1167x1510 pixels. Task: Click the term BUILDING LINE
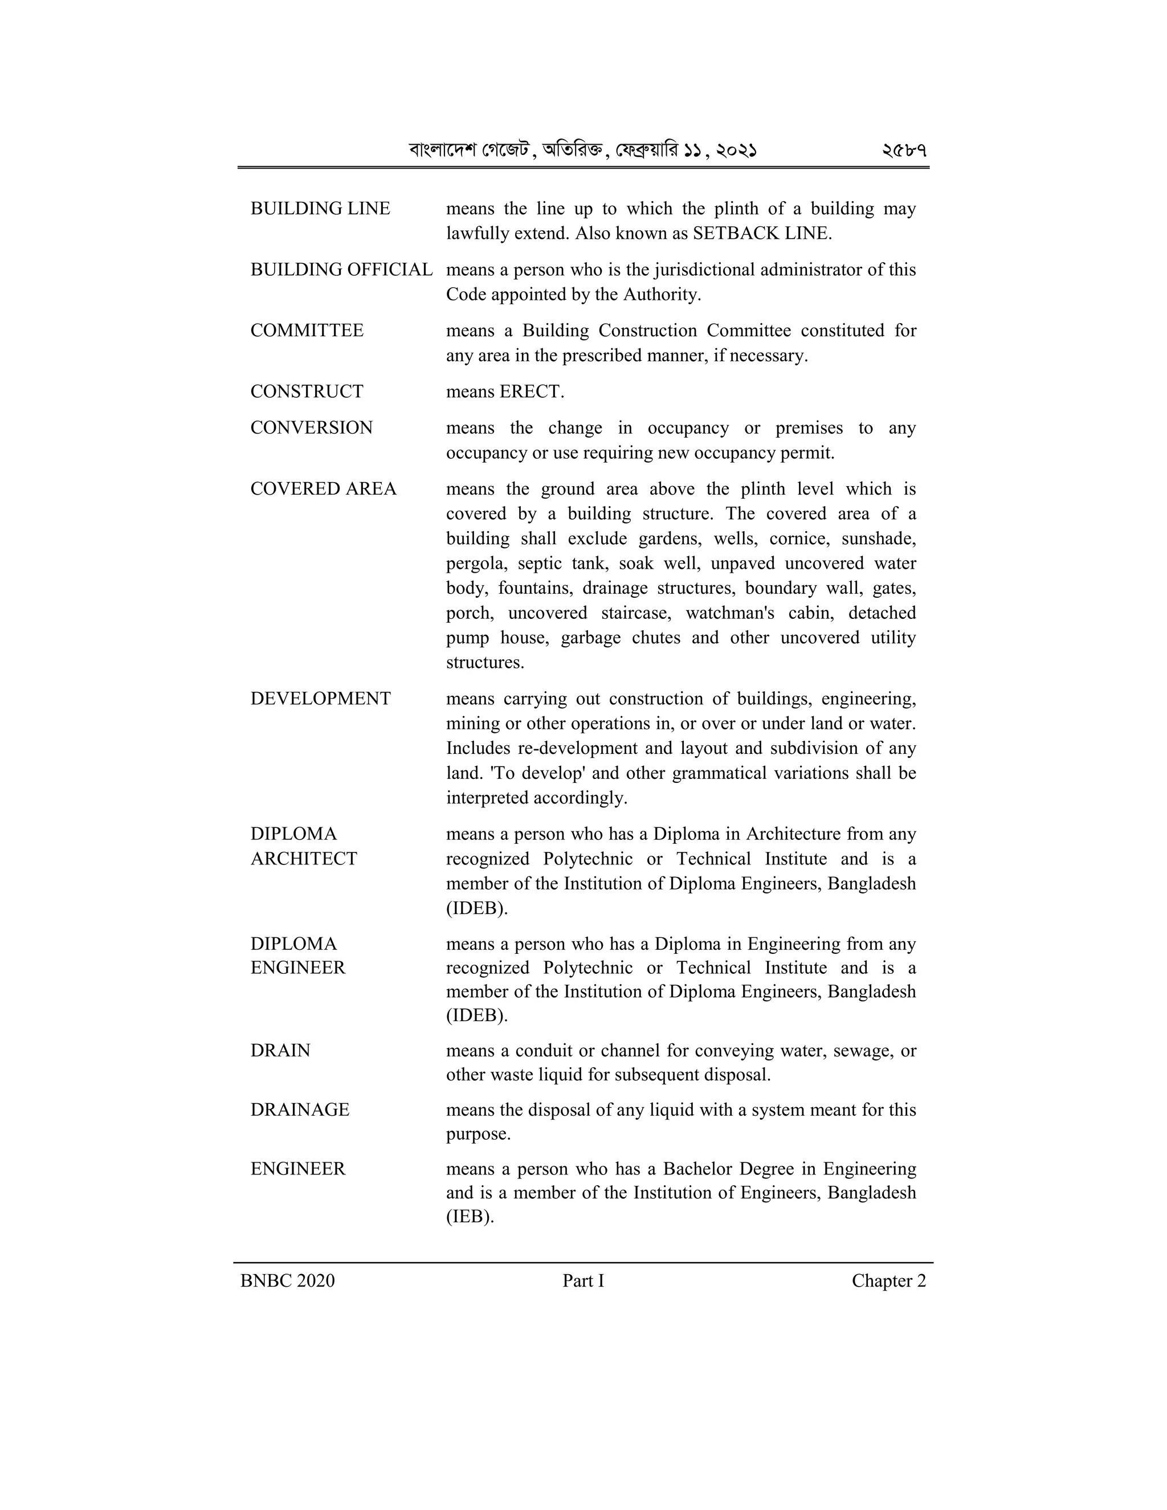320,209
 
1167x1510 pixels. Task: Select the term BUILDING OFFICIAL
341,270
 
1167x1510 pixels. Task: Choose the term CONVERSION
311,428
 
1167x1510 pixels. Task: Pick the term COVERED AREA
323,489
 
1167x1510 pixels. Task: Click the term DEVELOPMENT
320,699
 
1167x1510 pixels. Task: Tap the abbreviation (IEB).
470,1216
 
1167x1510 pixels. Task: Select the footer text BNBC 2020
287,1281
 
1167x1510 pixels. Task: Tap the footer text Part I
583,1281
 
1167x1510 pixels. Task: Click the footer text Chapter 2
888,1281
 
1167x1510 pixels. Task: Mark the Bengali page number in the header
904,150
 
